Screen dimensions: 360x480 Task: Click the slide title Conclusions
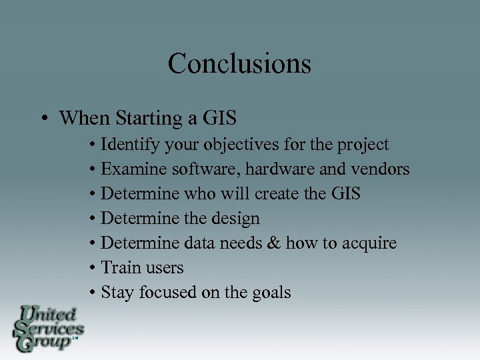(x=239, y=64)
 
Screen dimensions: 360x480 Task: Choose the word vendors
(x=380, y=169)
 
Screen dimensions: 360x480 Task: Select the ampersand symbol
(x=273, y=243)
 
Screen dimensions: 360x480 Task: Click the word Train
(x=118, y=268)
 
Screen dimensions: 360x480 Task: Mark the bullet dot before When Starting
(x=42, y=119)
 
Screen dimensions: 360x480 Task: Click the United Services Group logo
(x=47, y=328)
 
